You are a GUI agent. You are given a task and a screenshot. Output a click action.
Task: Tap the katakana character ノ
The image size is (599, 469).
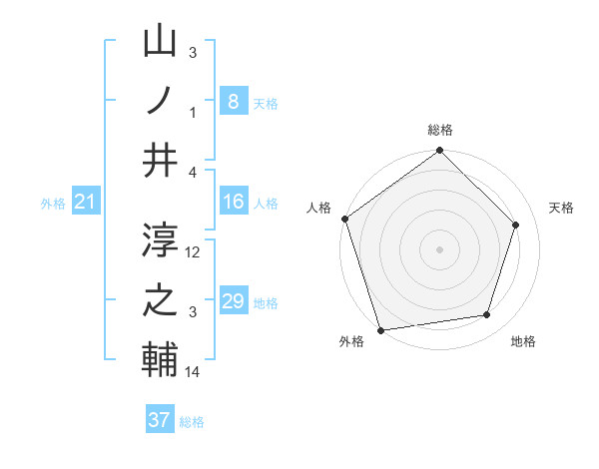click(160, 101)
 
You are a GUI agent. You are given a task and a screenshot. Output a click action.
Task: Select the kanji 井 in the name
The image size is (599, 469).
click(160, 159)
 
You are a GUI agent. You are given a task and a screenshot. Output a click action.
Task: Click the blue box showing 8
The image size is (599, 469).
click(233, 101)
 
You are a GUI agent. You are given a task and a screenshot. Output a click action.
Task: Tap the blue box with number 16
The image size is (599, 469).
click(233, 202)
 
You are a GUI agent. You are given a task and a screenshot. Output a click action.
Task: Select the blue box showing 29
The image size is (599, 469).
click(233, 301)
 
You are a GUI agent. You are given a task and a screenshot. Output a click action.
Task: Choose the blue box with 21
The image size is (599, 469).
click(86, 203)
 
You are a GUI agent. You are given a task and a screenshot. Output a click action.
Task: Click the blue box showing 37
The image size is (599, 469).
click(160, 420)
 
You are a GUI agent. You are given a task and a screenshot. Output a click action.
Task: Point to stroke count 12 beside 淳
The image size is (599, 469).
click(194, 252)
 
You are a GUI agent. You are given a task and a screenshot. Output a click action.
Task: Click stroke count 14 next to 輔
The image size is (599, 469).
click(194, 372)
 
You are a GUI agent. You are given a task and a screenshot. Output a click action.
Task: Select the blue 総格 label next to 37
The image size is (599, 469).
click(192, 422)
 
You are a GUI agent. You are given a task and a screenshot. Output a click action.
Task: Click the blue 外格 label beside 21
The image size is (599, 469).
click(53, 204)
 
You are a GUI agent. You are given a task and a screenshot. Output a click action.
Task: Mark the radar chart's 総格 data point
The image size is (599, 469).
click(439, 152)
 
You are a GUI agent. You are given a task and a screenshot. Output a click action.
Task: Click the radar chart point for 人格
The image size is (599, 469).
click(345, 219)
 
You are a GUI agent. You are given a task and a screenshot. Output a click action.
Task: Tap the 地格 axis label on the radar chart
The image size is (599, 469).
click(523, 342)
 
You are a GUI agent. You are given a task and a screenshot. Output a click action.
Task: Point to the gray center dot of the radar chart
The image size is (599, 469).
click(439, 249)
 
